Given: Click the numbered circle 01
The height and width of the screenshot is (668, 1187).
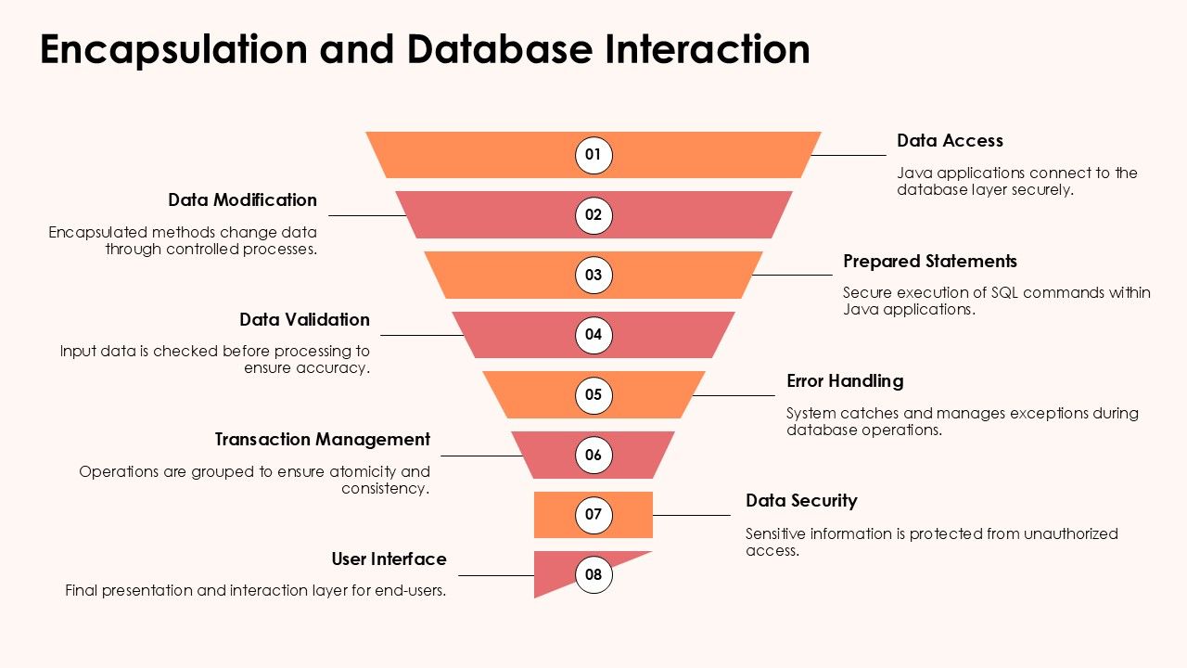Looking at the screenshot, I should (593, 154).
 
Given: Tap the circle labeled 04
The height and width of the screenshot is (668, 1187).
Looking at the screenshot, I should (593, 334).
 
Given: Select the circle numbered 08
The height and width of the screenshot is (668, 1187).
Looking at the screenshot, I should (593, 574).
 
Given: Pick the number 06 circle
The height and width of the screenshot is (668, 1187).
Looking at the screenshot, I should (593, 455).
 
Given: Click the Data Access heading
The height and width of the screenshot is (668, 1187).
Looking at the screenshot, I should (950, 141).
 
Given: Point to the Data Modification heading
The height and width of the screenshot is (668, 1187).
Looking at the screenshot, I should (242, 200).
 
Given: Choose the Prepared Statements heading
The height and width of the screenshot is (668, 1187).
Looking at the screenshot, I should (930, 262).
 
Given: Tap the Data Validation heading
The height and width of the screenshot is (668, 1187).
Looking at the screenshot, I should (304, 320).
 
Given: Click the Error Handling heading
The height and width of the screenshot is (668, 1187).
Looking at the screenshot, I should (845, 381).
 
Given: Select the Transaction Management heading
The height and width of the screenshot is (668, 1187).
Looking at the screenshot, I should (323, 440).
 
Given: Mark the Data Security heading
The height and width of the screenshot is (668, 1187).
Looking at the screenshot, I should (801, 501).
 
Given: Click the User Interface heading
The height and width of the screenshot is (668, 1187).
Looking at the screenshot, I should (389, 559).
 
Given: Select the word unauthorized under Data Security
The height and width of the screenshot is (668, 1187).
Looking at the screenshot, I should (1071, 533).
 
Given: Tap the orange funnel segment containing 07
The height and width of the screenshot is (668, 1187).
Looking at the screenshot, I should (556, 515).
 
